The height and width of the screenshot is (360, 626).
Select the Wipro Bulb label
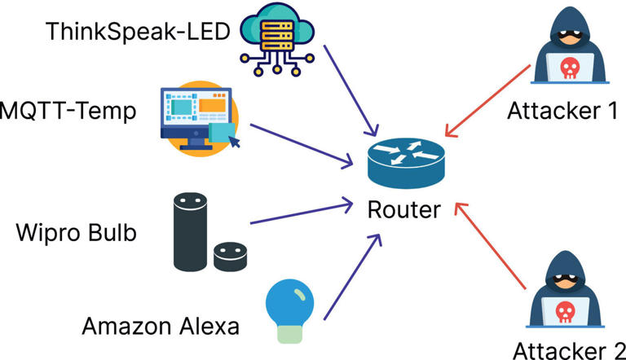[77, 233]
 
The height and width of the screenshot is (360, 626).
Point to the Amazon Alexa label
[161, 327]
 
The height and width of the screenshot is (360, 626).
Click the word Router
[403, 209]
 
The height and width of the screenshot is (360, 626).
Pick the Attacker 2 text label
[569, 349]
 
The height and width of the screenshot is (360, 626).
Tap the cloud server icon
[275, 37]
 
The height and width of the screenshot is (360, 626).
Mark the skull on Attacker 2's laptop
[569, 310]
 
